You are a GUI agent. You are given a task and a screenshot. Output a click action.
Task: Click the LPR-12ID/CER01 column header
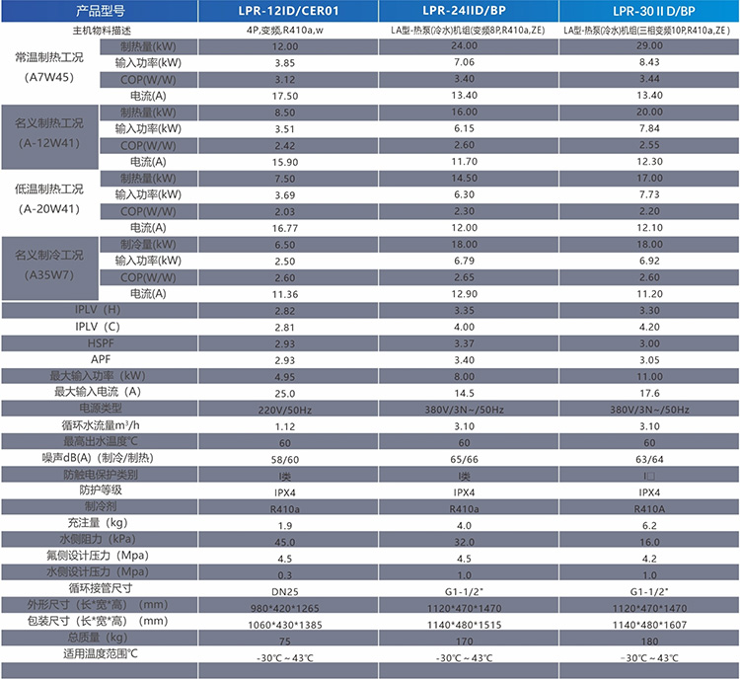point(285,11)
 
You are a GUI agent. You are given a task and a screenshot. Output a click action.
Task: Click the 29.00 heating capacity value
point(649,46)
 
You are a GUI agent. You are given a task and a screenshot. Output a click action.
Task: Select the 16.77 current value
point(285,228)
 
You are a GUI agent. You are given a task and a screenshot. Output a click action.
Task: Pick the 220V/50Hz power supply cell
point(285,409)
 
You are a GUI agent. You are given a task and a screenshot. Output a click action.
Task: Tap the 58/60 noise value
point(285,458)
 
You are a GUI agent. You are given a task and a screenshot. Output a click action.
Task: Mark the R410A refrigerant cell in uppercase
point(649,507)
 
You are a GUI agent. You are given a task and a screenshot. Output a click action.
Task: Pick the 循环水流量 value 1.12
point(285,425)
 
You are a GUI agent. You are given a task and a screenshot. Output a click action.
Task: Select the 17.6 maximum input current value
point(649,392)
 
